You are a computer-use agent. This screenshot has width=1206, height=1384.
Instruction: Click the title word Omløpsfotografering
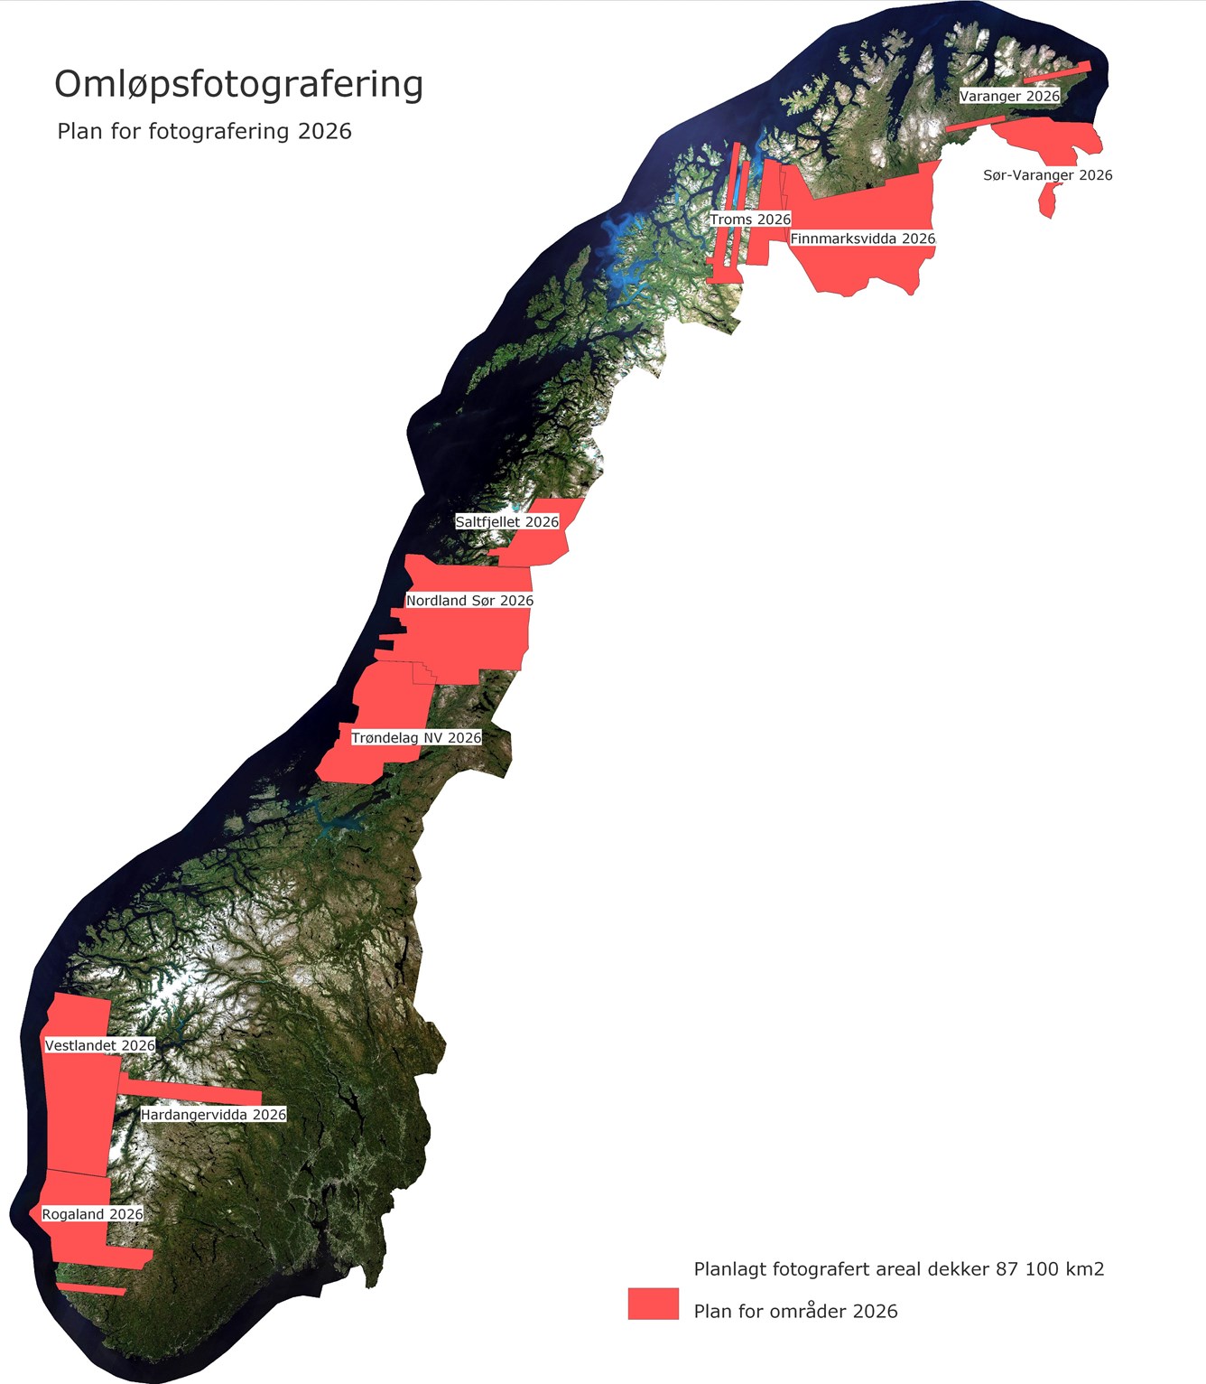click(x=238, y=84)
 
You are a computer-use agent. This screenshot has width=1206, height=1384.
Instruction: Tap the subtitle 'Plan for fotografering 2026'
click(x=204, y=131)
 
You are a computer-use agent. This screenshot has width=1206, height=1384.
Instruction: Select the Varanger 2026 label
click(x=1009, y=96)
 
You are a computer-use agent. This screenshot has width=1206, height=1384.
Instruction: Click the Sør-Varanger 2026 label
click(x=1047, y=175)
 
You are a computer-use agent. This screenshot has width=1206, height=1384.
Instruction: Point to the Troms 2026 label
click(x=749, y=220)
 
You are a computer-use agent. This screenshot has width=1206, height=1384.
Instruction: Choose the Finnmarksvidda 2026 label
click(x=862, y=238)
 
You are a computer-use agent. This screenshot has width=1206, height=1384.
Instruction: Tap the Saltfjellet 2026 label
click(x=506, y=522)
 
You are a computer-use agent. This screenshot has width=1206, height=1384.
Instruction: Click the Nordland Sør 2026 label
click(x=469, y=601)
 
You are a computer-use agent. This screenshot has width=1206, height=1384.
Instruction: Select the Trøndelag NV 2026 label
click(x=416, y=738)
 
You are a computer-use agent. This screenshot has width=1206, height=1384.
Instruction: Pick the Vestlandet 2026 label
click(x=100, y=1045)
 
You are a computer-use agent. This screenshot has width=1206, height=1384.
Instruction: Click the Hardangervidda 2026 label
click(x=213, y=1115)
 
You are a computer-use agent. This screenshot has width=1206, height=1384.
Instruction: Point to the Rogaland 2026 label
click(x=92, y=1214)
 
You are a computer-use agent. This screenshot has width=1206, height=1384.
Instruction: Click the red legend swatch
click(x=654, y=1304)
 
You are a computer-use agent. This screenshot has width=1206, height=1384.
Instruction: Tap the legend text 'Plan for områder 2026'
click(x=795, y=1311)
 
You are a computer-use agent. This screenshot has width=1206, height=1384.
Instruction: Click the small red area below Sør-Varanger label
click(x=1048, y=201)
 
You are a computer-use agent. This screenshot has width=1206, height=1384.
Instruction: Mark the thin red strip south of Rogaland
click(x=91, y=1288)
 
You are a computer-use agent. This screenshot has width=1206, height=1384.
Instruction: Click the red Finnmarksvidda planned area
click(x=867, y=267)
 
